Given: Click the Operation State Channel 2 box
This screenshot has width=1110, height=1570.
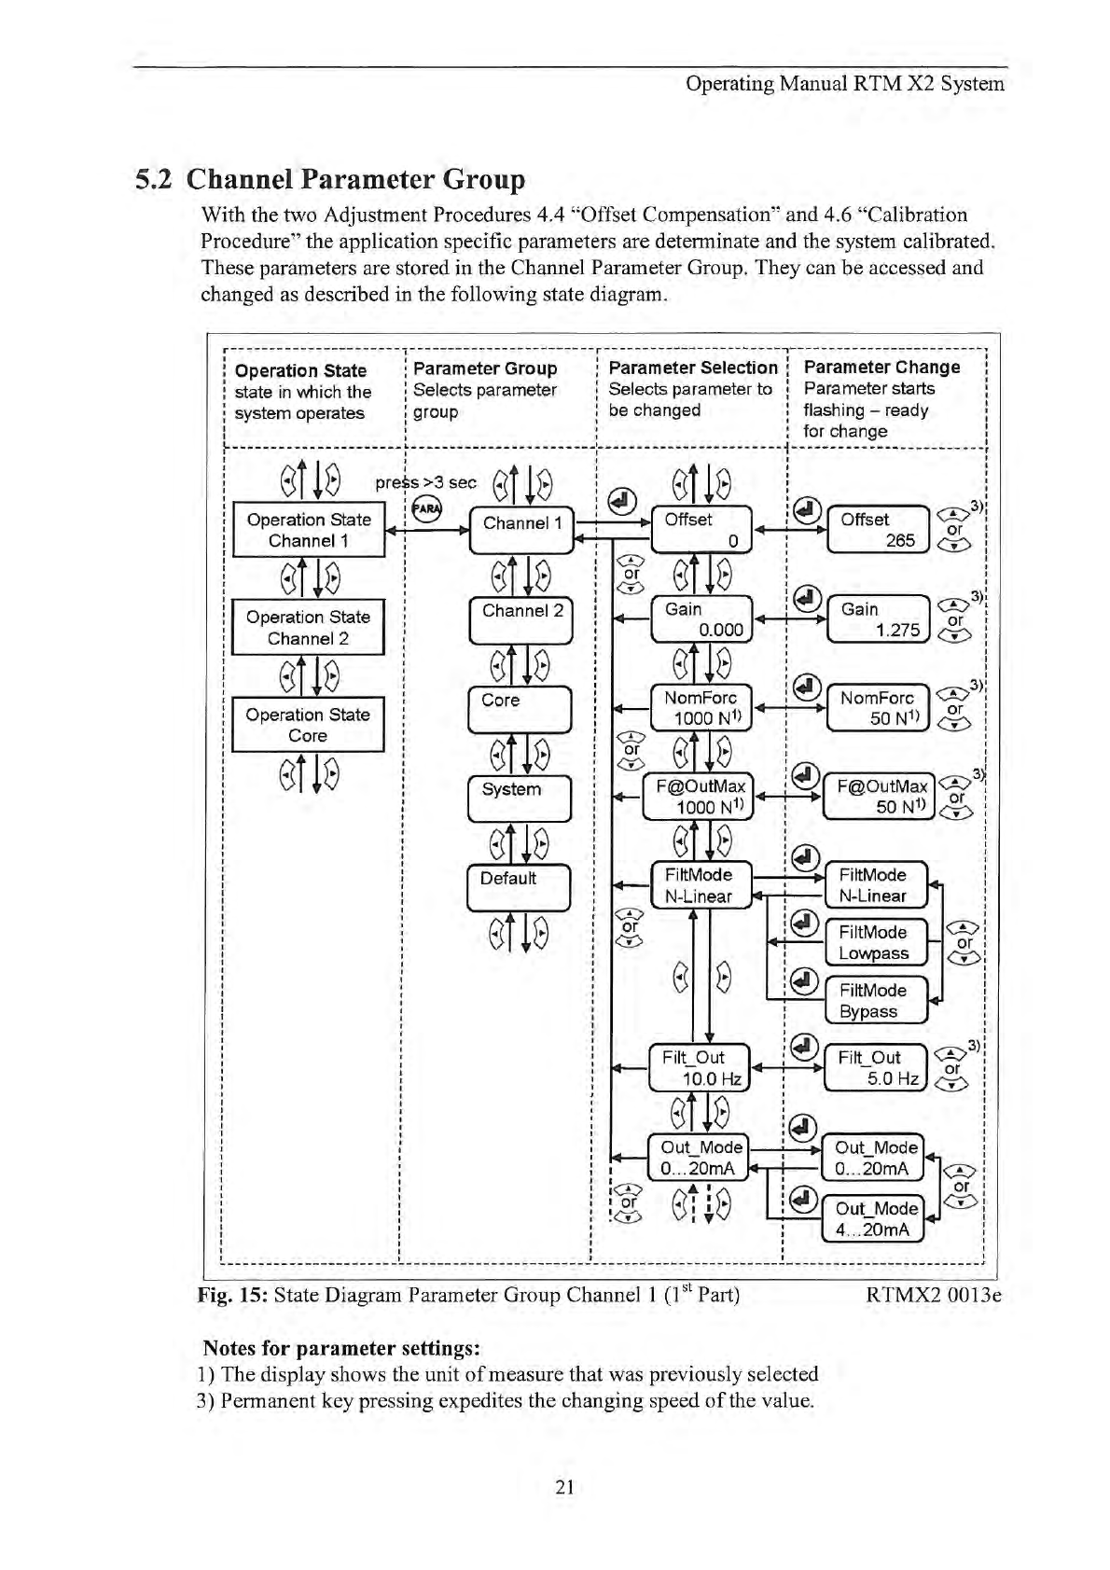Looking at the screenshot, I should [308, 628].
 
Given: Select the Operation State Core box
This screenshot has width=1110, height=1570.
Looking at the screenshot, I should [308, 725].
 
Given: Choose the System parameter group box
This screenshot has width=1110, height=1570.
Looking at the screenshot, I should [519, 798].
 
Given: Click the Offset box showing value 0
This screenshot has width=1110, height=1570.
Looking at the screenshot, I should [701, 530].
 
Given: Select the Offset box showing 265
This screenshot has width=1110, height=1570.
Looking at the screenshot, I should [878, 530].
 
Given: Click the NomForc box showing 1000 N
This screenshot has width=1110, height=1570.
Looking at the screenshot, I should [701, 708].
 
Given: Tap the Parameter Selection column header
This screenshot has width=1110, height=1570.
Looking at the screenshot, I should [692, 368].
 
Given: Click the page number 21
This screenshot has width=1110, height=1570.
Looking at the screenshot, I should [563, 1487].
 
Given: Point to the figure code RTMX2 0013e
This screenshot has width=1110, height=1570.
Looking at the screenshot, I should [933, 1295].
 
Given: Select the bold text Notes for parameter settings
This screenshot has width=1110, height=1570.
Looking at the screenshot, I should [341, 1348].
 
